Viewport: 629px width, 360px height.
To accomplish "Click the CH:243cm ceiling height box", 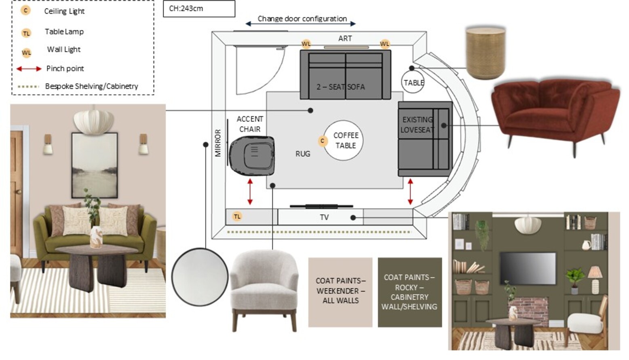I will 198,8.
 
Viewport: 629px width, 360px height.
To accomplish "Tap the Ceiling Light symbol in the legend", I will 26,11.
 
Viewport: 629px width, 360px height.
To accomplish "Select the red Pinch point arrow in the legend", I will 29,69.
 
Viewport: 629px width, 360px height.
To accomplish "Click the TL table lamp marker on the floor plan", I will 237,216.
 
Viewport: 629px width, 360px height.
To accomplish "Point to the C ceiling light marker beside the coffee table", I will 322,141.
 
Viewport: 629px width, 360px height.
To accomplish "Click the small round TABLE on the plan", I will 413,82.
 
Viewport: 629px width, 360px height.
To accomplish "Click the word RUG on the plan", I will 303,154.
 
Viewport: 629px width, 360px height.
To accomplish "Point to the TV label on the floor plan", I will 324,217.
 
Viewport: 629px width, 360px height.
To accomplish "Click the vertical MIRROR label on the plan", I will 218,143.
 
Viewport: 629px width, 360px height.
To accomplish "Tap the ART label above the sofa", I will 345,38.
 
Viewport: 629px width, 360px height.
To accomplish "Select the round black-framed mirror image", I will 200,277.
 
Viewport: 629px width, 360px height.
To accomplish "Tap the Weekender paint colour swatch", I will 340,292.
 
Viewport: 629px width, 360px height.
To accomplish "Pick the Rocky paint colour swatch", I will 409,292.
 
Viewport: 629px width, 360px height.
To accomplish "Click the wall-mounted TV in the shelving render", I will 528,267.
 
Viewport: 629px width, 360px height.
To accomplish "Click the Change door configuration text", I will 302,19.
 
